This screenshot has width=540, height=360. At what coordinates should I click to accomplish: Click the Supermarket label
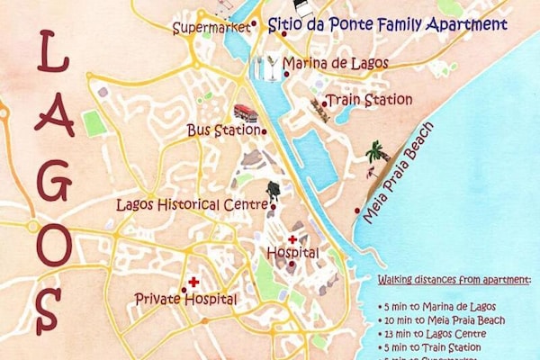pyautogui.click(x=211, y=28)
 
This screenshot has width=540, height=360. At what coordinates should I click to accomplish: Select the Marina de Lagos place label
pyautogui.click(x=335, y=63)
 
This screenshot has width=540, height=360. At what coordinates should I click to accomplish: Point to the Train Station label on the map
pyautogui.click(x=368, y=99)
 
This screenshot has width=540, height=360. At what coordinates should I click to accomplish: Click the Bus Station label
pyautogui.click(x=222, y=130)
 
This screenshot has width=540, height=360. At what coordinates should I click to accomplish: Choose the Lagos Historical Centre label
pyautogui.click(x=193, y=204)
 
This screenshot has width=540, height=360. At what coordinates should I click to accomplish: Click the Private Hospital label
pyautogui.click(x=185, y=299)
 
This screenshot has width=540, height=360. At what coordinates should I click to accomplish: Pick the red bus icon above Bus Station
pyautogui.click(x=245, y=113)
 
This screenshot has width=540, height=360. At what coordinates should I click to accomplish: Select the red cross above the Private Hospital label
pyautogui.click(x=193, y=282)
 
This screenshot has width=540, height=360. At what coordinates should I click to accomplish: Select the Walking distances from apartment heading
pyautogui.click(x=454, y=282)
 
